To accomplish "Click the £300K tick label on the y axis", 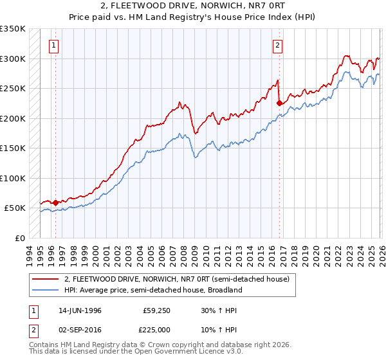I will coord(12,59).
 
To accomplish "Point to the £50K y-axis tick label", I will coord(14,208).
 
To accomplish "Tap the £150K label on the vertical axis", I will coord(12,148).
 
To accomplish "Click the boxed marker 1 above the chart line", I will coord(53,45).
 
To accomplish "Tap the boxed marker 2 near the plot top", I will coord(277,45).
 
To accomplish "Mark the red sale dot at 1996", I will coord(55,203).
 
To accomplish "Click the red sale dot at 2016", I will coord(279,103).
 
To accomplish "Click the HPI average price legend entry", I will coord(152,290).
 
